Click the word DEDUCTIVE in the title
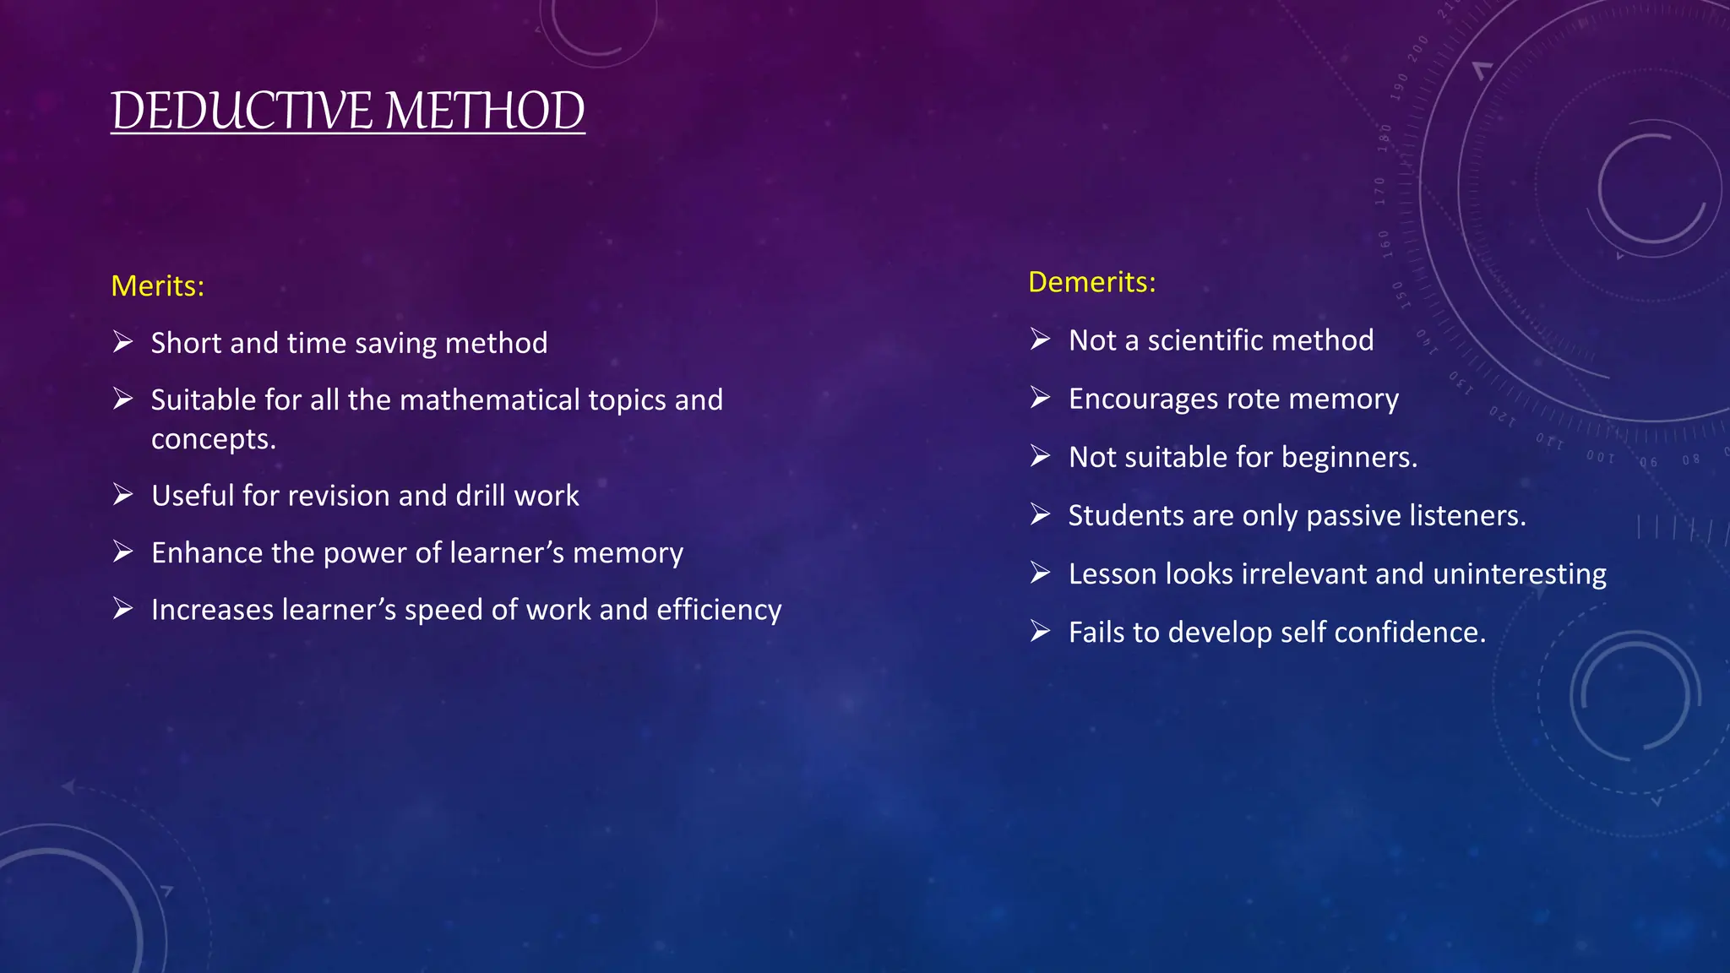(x=242, y=111)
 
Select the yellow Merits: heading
(x=158, y=286)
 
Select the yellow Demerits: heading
(x=1091, y=282)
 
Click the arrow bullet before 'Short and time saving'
(x=123, y=342)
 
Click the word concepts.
(x=213, y=439)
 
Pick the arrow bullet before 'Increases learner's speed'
(x=123, y=609)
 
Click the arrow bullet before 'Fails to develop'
(x=1040, y=632)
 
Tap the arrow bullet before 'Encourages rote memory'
(x=1040, y=398)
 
